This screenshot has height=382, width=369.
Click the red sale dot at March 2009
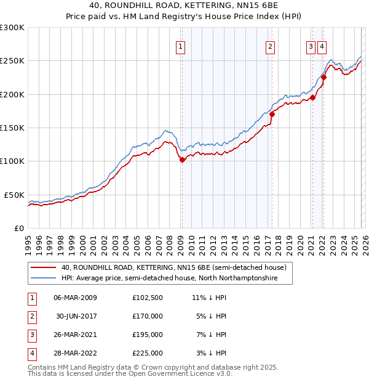tap(181, 160)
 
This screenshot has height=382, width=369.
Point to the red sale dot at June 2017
tap(272, 114)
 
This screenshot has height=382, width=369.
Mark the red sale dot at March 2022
tap(323, 78)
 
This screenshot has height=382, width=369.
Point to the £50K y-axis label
tap(14, 194)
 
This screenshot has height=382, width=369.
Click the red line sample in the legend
tap(44, 268)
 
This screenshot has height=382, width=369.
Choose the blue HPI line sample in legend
tap(44, 278)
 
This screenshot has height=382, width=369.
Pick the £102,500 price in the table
tap(148, 298)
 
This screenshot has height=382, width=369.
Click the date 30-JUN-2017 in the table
tap(76, 316)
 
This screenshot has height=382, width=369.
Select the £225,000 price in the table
tap(148, 353)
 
